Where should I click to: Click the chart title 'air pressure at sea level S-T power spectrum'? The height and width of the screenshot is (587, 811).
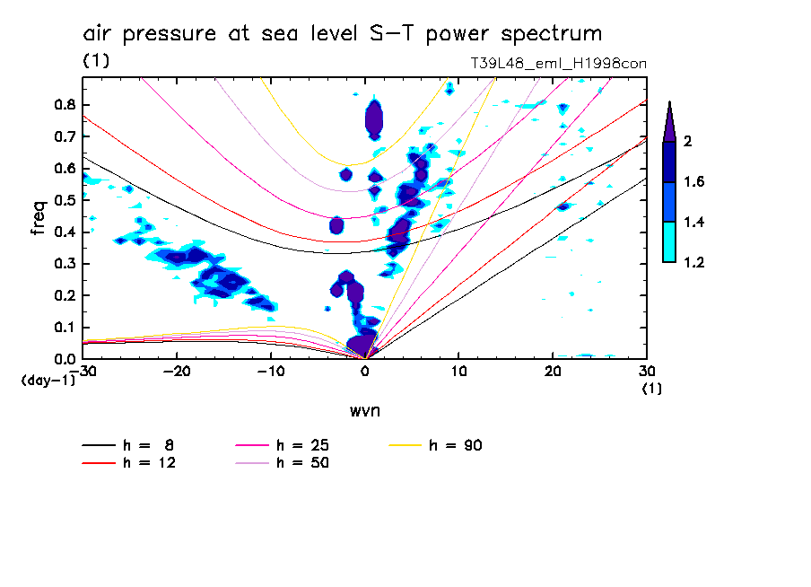pos(342,34)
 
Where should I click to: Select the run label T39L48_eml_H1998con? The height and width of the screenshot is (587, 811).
pos(559,64)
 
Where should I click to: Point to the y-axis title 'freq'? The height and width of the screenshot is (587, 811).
pos(39,218)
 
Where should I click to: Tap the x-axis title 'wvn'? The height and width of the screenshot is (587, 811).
pos(364,411)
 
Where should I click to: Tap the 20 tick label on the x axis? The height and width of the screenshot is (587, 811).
pos(552,371)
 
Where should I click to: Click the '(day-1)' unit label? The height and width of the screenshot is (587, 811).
pos(48,381)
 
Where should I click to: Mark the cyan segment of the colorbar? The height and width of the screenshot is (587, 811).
pos(669,242)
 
